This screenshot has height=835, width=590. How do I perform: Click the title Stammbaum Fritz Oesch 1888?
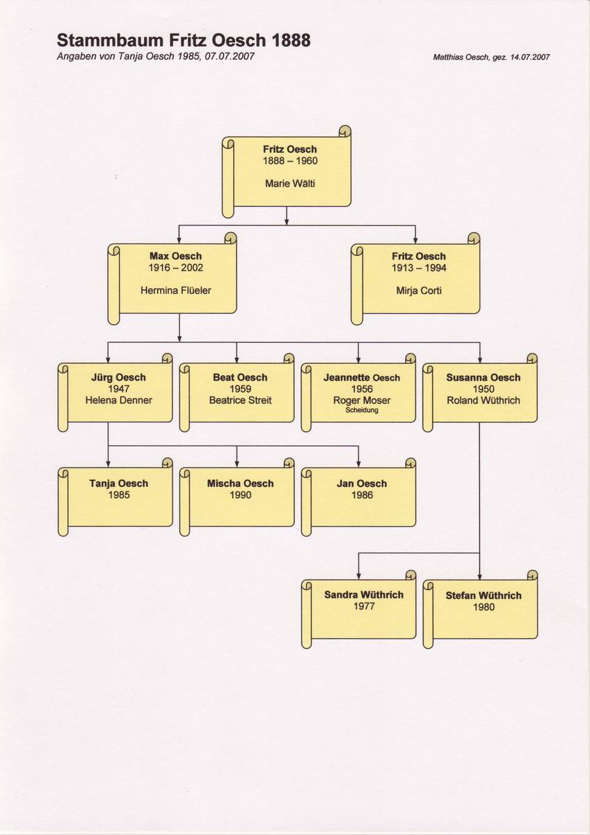(184, 40)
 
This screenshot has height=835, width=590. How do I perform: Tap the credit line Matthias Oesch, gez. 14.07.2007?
(491, 57)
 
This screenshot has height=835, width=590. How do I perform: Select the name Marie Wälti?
(290, 184)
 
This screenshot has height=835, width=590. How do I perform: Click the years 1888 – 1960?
(290, 161)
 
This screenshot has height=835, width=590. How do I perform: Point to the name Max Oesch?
(175, 256)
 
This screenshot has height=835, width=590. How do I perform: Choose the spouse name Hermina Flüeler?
(175, 290)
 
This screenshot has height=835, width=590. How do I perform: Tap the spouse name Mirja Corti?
(419, 290)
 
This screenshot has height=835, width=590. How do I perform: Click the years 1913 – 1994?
(419, 268)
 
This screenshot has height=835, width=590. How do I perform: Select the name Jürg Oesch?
(118, 378)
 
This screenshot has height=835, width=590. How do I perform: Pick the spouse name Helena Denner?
(118, 400)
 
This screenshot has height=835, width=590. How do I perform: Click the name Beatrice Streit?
(241, 400)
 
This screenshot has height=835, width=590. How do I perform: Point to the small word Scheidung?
(362, 411)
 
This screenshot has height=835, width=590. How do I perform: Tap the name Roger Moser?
(362, 400)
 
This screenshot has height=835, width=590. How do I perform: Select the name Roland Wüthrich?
(484, 400)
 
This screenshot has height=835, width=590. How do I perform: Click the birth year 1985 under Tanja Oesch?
(119, 495)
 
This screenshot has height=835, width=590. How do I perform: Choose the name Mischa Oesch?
(241, 484)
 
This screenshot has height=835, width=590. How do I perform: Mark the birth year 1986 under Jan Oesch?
(362, 495)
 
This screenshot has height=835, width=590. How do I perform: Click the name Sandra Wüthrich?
(364, 594)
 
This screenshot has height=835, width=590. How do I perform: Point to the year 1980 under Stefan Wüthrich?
(484, 607)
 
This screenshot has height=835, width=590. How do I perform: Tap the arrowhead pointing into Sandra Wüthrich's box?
(358, 577)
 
